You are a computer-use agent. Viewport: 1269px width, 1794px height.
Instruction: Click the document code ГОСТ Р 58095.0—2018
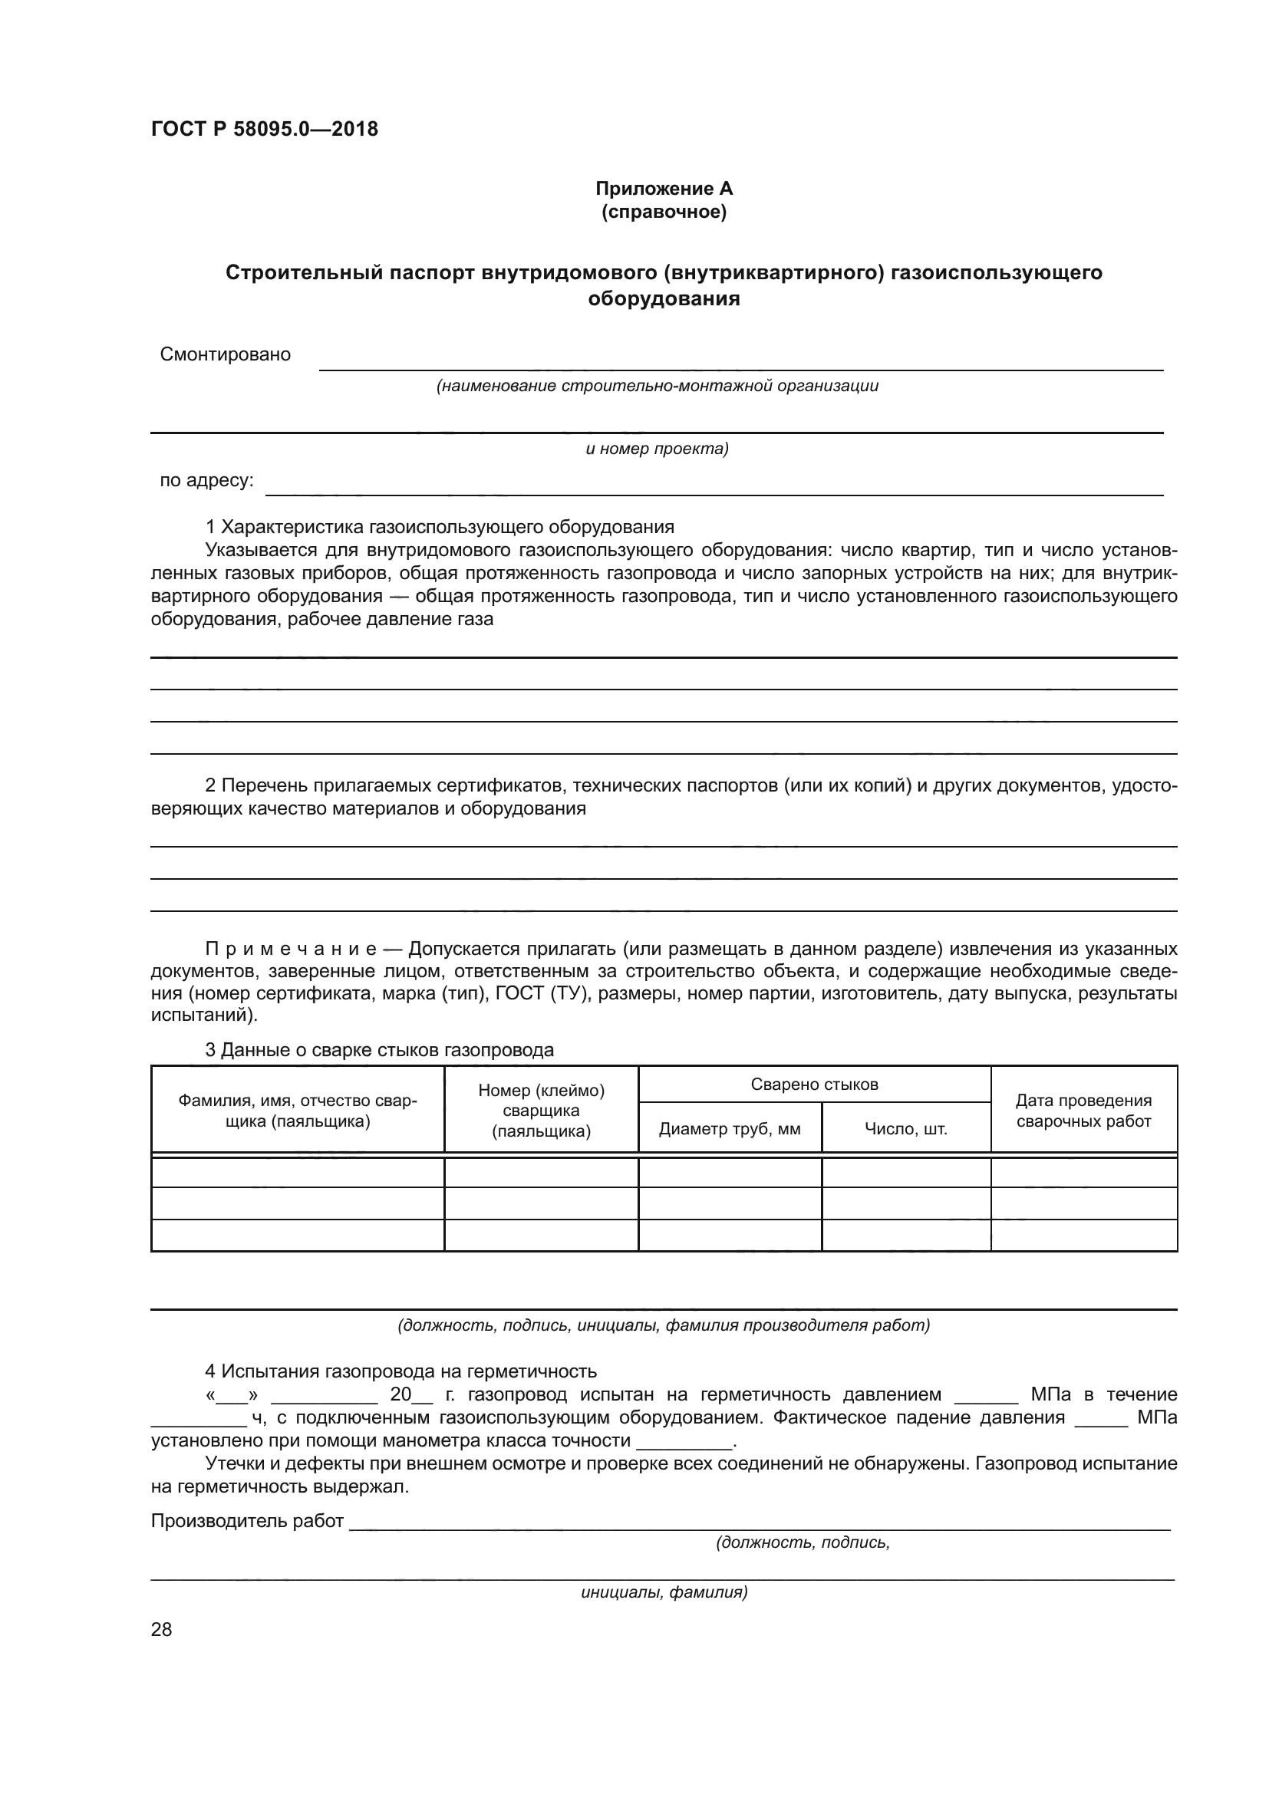tap(264, 129)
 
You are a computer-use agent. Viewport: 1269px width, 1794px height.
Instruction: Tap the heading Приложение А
tap(664, 189)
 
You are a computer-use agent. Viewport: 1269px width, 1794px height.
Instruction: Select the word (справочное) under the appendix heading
tap(664, 212)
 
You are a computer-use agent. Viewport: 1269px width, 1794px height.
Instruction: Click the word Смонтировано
tap(225, 355)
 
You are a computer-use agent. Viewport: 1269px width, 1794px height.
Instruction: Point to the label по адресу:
tap(206, 481)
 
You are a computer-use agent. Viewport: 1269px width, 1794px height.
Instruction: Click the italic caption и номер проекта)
tap(658, 449)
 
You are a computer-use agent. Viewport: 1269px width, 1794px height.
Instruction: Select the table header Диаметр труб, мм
tap(729, 1128)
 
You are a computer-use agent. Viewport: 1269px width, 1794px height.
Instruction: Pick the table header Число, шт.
tap(905, 1128)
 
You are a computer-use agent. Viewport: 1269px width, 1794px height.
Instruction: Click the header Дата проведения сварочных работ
tap(1083, 1111)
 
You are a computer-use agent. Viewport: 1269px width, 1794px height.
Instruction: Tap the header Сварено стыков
tap(814, 1084)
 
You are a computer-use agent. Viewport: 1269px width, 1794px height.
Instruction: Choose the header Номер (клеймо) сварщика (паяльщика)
tap(541, 1111)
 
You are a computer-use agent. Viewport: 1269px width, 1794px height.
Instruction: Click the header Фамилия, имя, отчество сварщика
tap(297, 1111)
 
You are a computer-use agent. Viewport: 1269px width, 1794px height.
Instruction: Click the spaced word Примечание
tap(291, 949)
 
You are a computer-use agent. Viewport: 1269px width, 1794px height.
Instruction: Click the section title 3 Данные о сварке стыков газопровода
tap(379, 1049)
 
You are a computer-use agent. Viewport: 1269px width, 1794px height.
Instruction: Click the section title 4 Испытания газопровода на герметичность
tap(400, 1371)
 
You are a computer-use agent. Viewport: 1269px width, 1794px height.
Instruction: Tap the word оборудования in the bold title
tap(664, 298)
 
